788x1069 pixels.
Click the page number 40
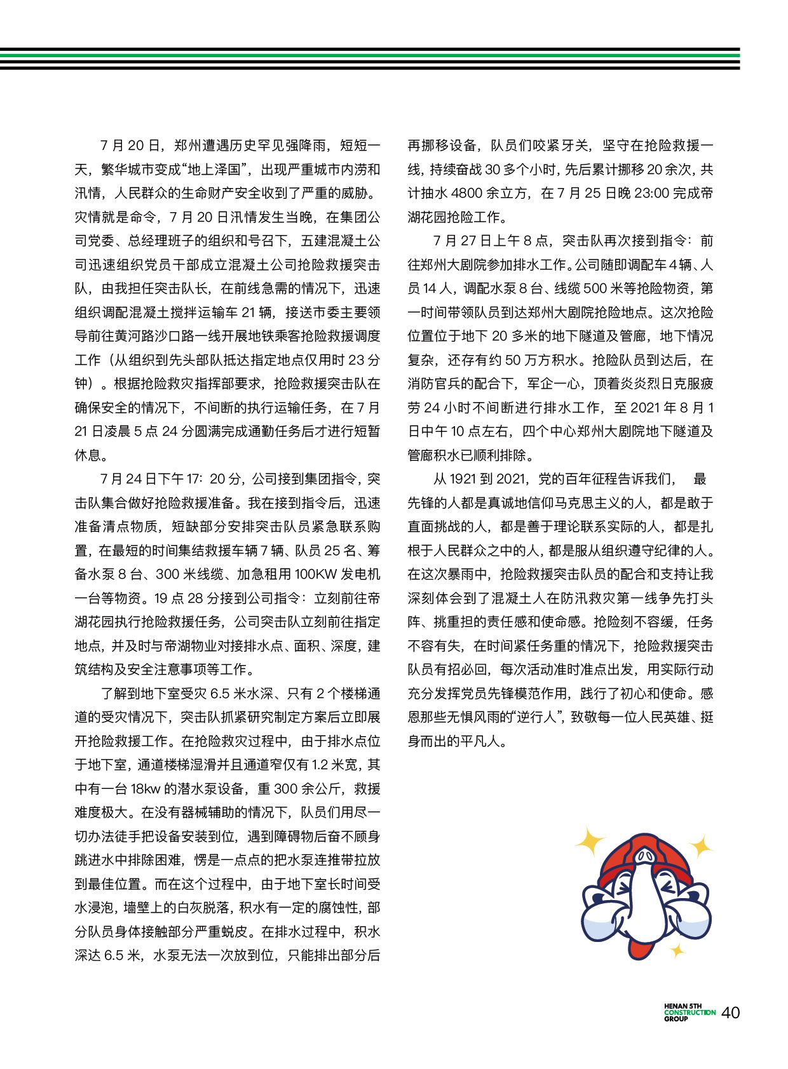coord(731,1012)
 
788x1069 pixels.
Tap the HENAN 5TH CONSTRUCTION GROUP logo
coord(689,1012)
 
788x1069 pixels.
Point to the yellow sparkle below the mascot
coord(677,951)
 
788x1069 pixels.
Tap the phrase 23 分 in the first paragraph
coord(364,360)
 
